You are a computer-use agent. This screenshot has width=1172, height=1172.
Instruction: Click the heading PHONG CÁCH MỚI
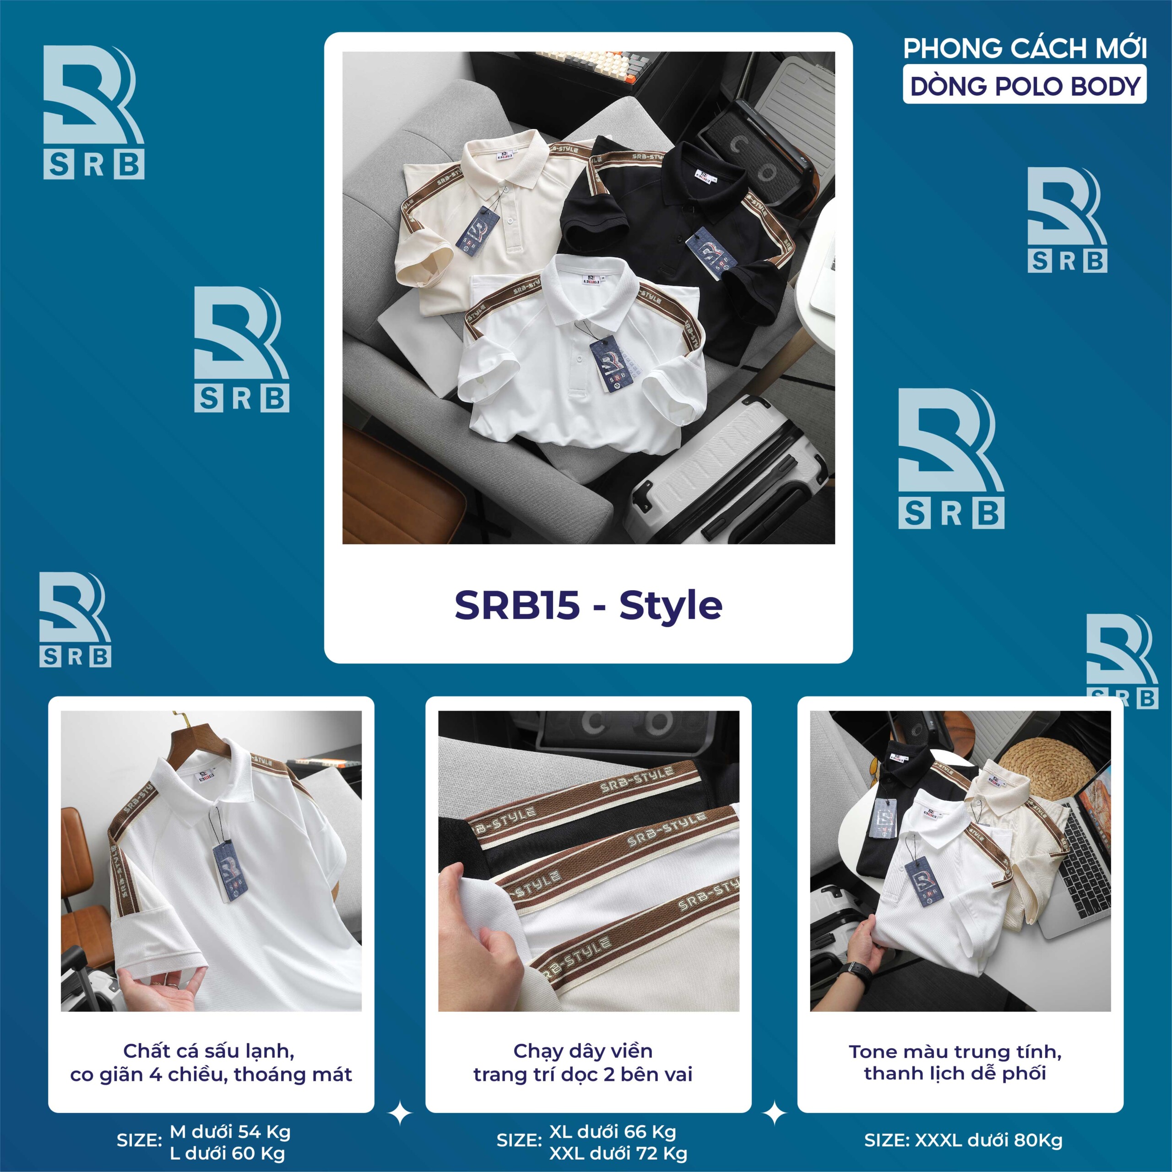pyautogui.click(x=1025, y=49)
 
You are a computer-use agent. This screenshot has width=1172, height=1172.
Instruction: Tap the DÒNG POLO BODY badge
pyautogui.click(x=1025, y=86)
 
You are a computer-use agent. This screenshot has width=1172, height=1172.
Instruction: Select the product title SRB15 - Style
pyautogui.click(x=588, y=605)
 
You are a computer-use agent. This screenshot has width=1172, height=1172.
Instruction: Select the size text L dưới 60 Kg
pyautogui.click(x=227, y=1153)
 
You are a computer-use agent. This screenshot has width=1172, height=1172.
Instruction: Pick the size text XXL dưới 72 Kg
pyautogui.click(x=618, y=1153)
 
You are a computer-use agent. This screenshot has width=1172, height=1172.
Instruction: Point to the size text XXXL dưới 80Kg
pyautogui.click(x=988, y=1140)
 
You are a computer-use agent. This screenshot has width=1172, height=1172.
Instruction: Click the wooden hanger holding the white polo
pyautogui.click(x=200, y=737)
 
